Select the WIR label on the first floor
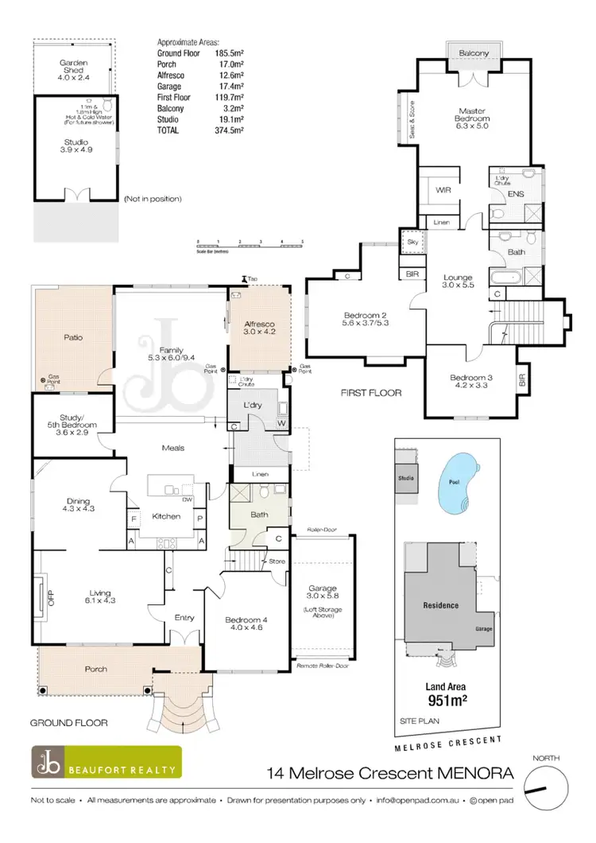[x=443, y=191]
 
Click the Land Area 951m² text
[x=445, y=693]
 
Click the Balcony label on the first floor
[x=478, y=52]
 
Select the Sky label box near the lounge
[x=412, y=240]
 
